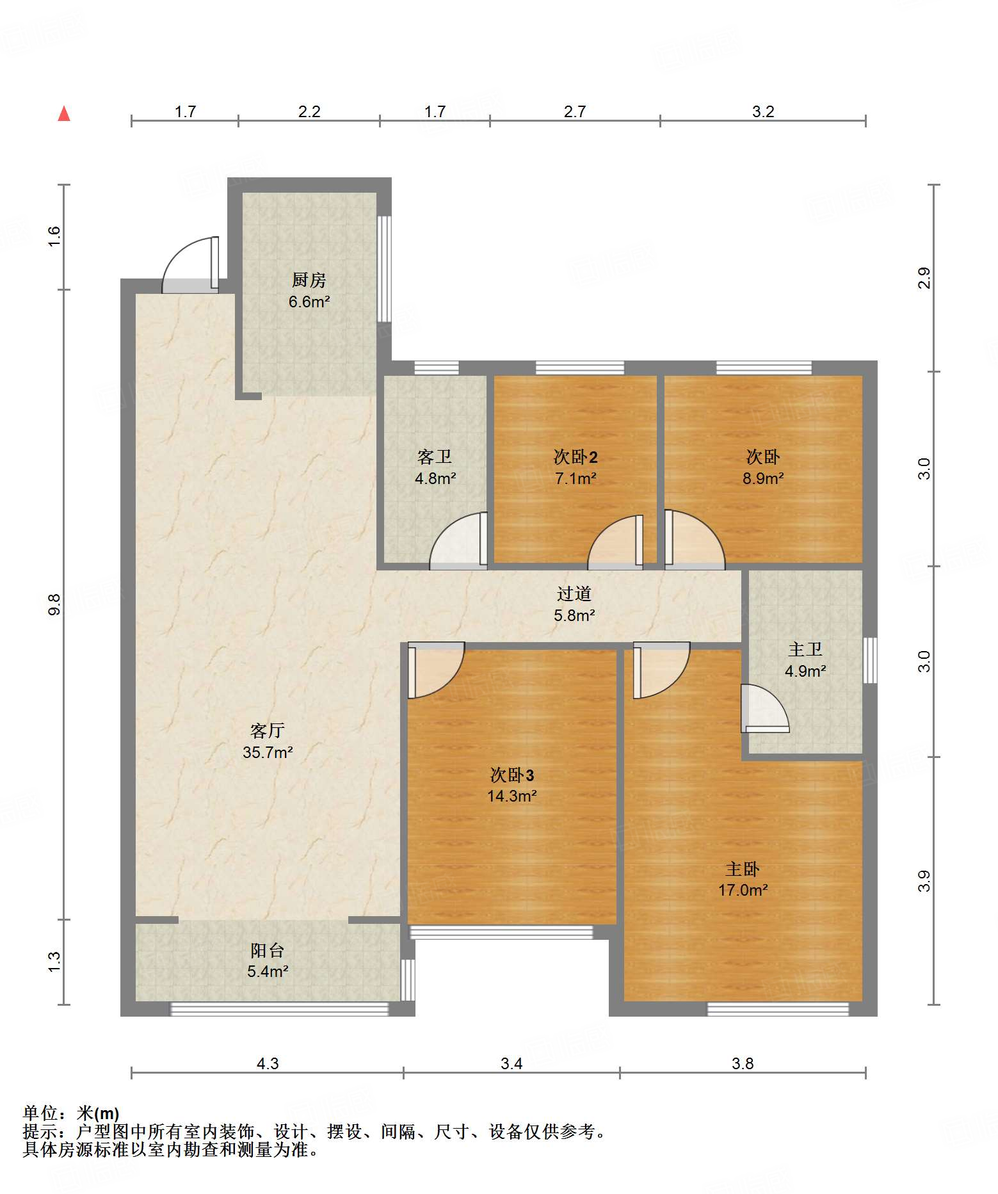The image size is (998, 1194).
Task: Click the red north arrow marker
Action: pyautogui.click(x=64, y=114)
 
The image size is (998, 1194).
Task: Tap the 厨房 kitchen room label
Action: pyautogui.click(x=309, y=280)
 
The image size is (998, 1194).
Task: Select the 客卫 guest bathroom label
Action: pyautogui.click(x=435, y=456)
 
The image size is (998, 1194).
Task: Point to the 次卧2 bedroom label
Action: pyautogui.click(x=575, y=456)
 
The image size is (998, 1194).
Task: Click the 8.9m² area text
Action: pyautogui.click(x=763, y=478)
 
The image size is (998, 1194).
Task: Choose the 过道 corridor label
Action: pyautogui.click(x=574, y=593)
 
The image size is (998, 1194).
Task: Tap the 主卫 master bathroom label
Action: pyautogui.click(x=805, y=649)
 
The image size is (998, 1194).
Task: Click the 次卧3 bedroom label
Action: pyautogui.click(x=512, y=775)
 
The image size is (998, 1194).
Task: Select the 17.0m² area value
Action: pyautogui.click(x=743, y=890)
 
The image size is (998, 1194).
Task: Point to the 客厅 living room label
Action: pyautogui.click(x=268, y=730)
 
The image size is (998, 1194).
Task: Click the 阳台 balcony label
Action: pyautogui.click(x=268, y=950)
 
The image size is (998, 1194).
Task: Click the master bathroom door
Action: pyautogui.click(x=766, y=708)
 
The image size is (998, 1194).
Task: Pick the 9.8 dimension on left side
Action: pyautogui.click(x=54, y=604)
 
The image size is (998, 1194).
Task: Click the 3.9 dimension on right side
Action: pyautogui.click(x=924, y=881)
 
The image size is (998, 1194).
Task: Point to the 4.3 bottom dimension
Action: pyautogui.click(x=268, y=1063)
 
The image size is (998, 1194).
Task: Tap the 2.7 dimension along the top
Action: pyautogui.click(x=575, y=111)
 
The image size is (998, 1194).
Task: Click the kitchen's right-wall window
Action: pyautogui.click(x=383, y=269)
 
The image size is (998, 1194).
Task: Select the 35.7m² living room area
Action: pyautogui.click(x=268, y=752)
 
